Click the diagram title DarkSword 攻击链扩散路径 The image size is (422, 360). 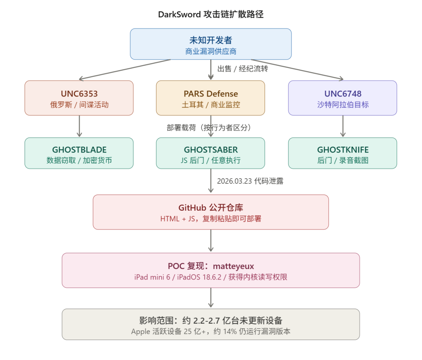(x=211, y=14)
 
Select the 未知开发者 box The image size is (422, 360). (x=211, y=44)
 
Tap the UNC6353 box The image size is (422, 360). (x=79, y=98)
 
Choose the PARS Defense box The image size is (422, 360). (x=211, y=98)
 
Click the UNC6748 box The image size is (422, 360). (x=343, y=98)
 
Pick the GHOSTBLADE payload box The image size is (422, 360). (x=79, y=153)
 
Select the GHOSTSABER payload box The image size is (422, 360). (x=211, y=153)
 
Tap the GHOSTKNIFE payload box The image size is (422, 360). (x=343, y=153)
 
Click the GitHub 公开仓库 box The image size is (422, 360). (x=211, y=212)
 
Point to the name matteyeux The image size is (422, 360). (x=233, y=266)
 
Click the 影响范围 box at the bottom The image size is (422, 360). (x=211, y=324)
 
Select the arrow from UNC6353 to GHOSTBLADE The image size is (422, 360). (x=79, y=126)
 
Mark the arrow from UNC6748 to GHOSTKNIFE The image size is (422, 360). (x=343, y=126)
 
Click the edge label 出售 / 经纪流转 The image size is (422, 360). (x=242, y=69)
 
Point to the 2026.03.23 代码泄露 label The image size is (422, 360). (x=250, y=181)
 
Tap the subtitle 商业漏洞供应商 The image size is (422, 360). (x=211, y=51)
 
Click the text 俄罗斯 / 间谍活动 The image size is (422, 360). (x=79, y=105)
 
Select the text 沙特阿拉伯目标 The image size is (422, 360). (x=343, y=105)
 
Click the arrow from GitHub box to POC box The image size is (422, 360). (x=211, y=241)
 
